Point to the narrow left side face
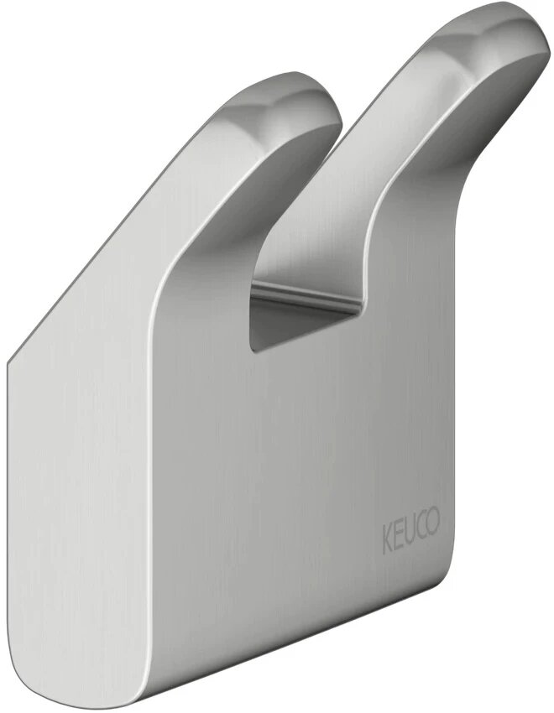[x=34, y=503]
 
